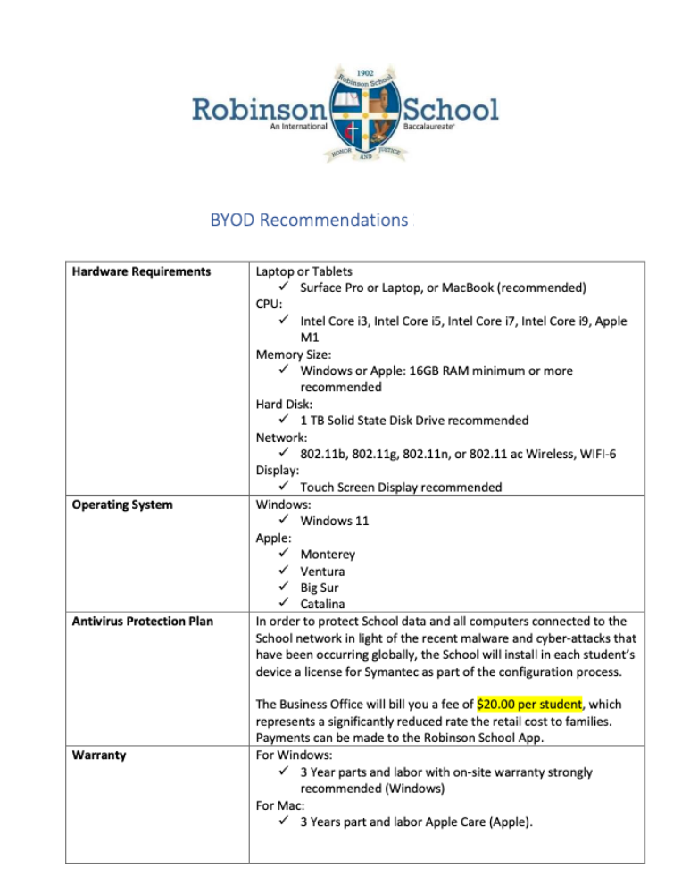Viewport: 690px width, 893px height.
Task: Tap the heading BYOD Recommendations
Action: point(308,219)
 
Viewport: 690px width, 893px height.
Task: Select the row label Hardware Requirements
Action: point(141,271)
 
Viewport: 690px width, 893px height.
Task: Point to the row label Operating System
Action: point(122,505)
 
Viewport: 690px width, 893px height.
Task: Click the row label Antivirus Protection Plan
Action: point(142,621)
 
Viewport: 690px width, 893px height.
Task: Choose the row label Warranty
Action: point(99,755)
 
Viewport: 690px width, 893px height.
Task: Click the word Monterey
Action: point(328,555)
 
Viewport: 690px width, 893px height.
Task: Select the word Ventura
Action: point(322,571)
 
